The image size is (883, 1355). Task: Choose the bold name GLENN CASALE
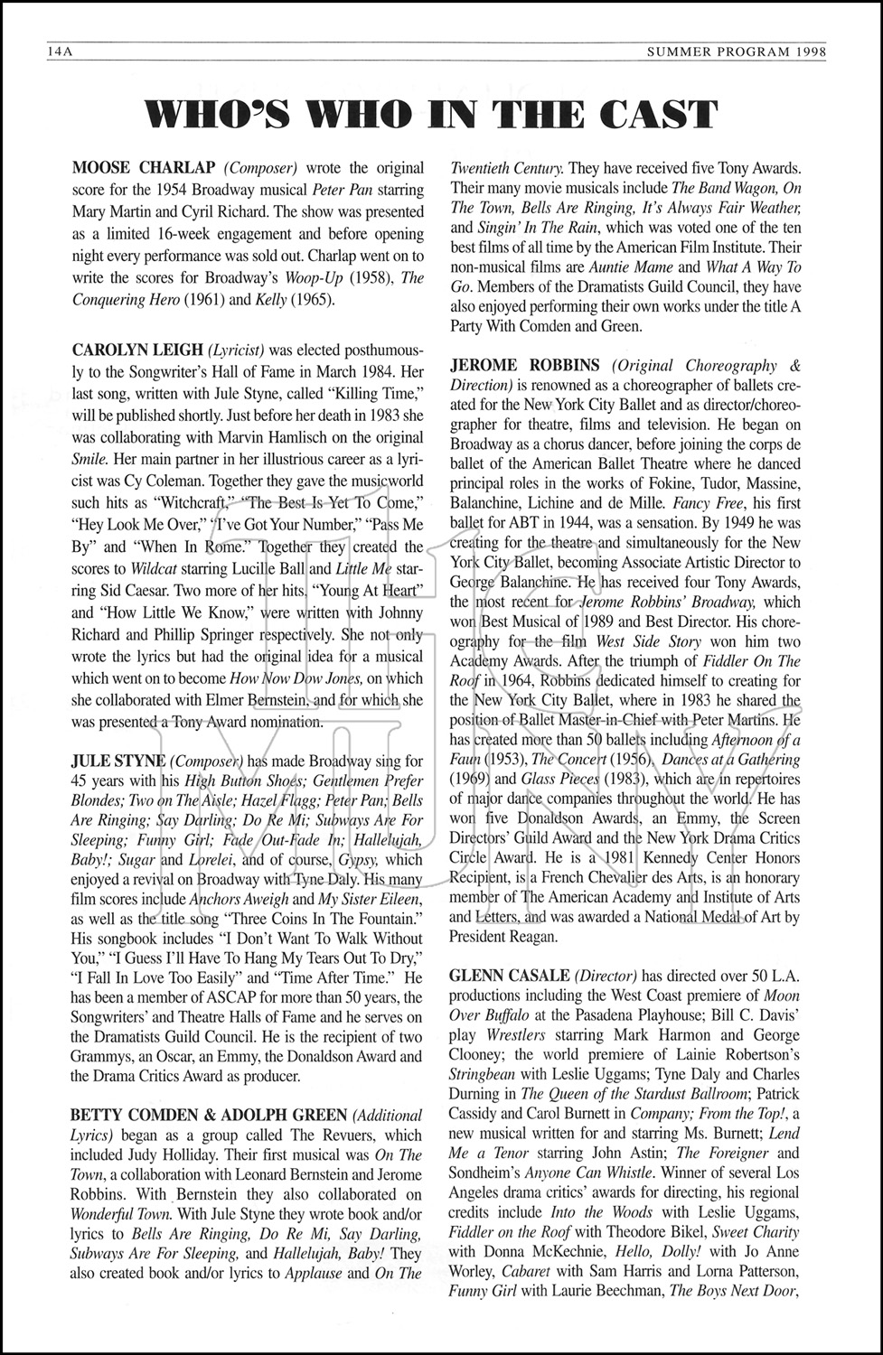(508, 976)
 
